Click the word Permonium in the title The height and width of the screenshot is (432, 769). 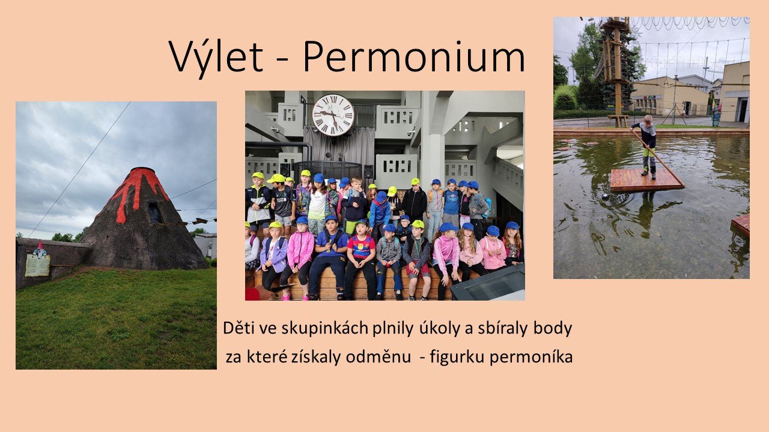coord(414,56)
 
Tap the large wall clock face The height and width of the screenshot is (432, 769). coord(333,115)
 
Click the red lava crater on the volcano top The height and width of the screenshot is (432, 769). coord(142,170)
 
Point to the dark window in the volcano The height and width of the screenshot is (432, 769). coord(154,212)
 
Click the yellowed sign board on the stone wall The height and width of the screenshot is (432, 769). coord(37,265)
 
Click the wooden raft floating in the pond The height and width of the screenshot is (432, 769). coord(646,179)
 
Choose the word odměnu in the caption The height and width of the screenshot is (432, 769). coord(378,356)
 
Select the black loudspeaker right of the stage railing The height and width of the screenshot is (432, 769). coord(368,172)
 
